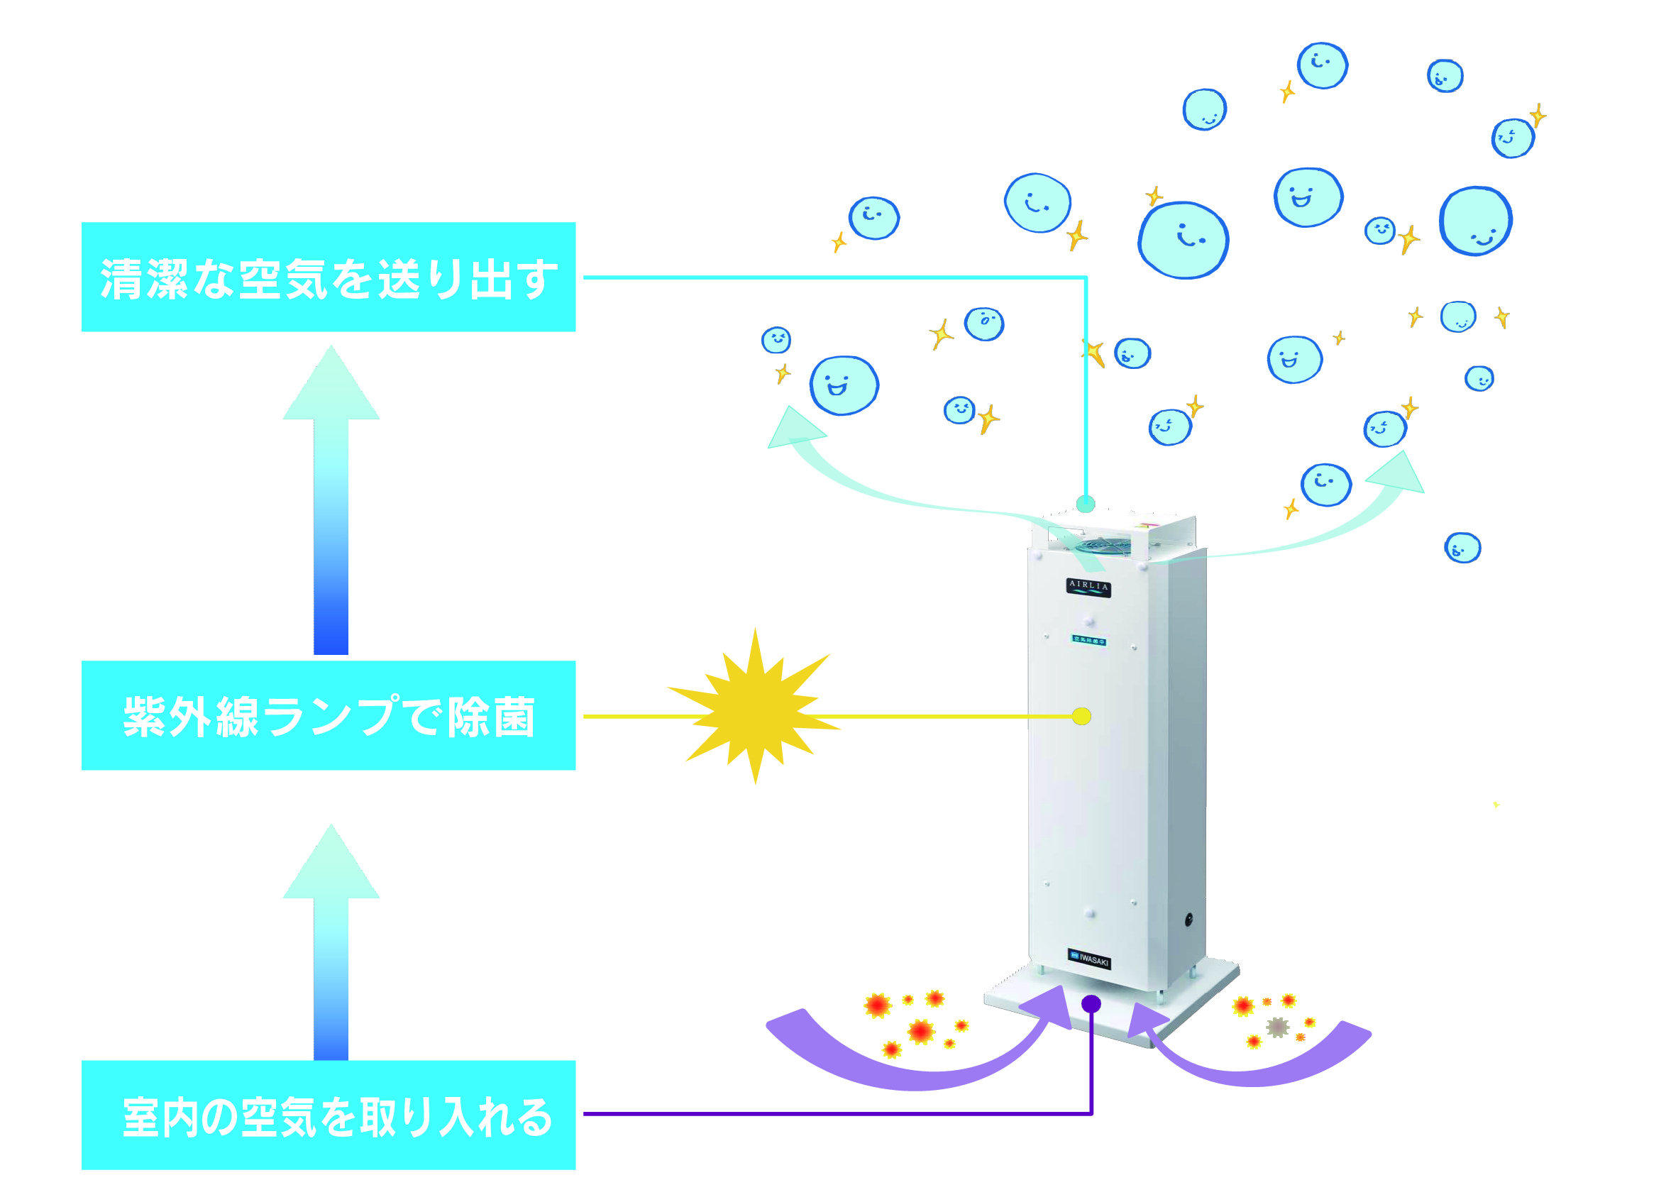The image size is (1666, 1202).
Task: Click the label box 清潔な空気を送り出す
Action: point(329,277)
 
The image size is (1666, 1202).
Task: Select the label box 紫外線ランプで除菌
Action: point(329,716)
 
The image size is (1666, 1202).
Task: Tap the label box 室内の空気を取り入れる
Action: point(329,1115)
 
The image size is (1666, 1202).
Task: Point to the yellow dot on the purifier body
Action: point(1081,717)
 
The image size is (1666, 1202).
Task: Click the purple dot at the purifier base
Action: point(1091,1003)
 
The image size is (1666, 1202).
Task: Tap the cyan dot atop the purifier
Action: point(1086,504)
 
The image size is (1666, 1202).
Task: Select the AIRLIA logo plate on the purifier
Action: point(1088,587)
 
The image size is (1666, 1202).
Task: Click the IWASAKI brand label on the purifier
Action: point(1089,959)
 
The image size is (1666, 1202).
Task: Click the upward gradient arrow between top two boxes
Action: point(331,500)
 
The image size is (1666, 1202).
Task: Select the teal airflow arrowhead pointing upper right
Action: point(1396,475)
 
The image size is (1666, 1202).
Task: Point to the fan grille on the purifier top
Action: point(1105,544)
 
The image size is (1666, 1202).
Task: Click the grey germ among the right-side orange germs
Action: point(1278,1027)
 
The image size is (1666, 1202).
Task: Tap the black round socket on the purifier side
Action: point(1188,918)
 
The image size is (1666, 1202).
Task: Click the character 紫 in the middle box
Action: point(144,717)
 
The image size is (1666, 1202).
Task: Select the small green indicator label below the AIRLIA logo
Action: point(1089,641)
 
